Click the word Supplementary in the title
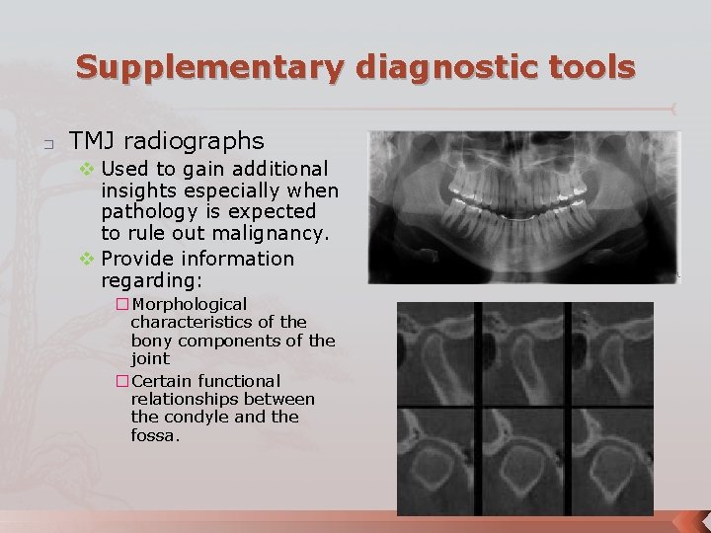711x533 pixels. [x=210, y=67]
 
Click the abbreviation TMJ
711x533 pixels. [x=93, y=141]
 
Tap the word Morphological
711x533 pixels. [x=189, y=304]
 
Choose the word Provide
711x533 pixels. [x=140, y=259]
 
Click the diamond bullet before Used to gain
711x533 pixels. [x=86, y=170]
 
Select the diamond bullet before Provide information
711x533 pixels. [x=86, y=259]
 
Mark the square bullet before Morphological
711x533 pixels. [x=122, y=304]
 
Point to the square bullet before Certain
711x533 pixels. [x=122, y=381]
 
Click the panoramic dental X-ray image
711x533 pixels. [x=523, y=207]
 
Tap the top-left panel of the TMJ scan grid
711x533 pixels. [x=435, y=353]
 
